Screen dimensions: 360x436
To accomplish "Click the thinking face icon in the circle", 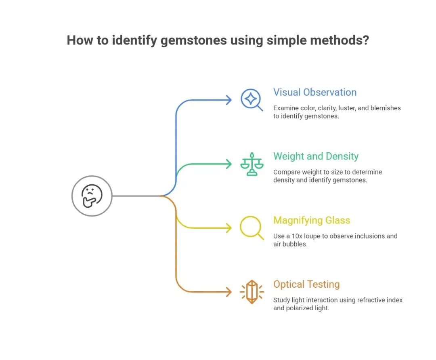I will [x=92, y=196].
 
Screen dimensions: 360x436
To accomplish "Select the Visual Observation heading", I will [x=315, y=93].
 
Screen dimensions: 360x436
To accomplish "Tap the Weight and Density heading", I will [x=316, y=156].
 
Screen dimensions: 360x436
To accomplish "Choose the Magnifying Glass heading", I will [x=312, y=220].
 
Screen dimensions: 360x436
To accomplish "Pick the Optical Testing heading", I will [x=306, y=284].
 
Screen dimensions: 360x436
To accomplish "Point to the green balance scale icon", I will [x=252, y=164].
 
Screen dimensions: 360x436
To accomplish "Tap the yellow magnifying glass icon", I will [x=252, y=228].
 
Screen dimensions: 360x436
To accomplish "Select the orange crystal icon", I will [x=252, y=292].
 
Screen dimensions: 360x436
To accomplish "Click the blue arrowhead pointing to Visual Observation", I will [x=229, y=100].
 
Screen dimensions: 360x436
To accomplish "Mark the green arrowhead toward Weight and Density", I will [x=229, y=164].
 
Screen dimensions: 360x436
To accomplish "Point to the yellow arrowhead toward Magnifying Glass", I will [x=229, y=228].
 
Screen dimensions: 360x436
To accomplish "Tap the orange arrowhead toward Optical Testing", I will [x=229, y=292].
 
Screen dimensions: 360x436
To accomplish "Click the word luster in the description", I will [x=346, y=108].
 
